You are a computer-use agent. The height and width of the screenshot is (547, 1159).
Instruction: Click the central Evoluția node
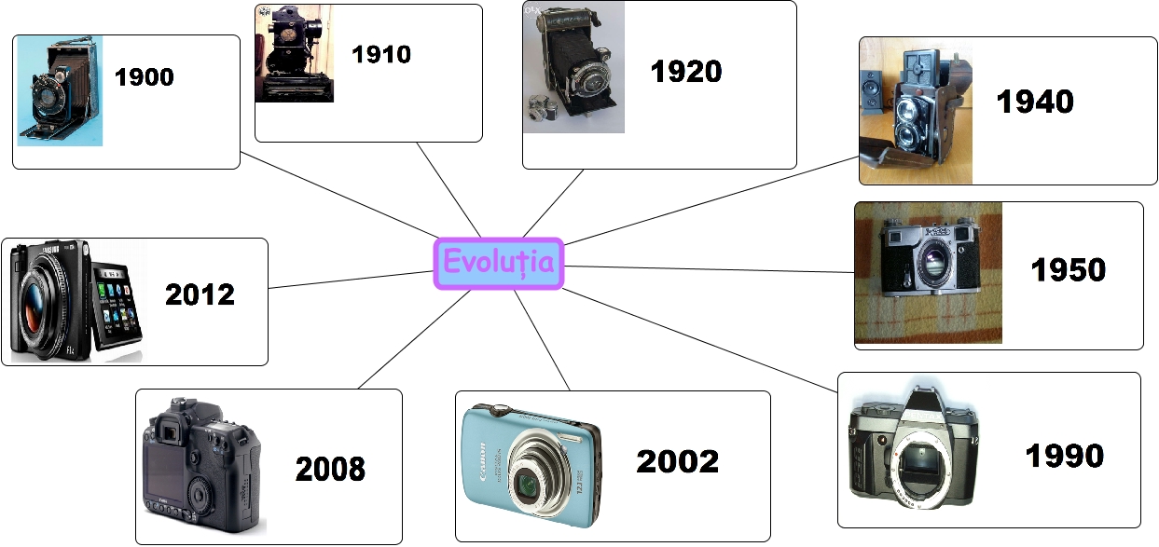pyautogui.click(x=499, y=264)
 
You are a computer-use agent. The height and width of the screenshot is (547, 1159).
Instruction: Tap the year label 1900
pyautogui.click(x=145, y=76)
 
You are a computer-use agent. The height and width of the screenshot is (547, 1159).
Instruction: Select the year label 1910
pyautogui.click(x=381, y=55)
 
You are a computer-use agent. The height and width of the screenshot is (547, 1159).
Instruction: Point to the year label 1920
pyautogui.click(x=686, y=71)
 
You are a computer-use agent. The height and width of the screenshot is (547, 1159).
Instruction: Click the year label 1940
pyautogui.click(x=1035, y=101)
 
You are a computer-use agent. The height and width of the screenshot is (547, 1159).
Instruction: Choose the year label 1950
pyautogui.click(x=1068, y=270)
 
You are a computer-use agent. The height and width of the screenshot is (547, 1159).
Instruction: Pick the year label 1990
pyautogui.click(x=1064, y=456)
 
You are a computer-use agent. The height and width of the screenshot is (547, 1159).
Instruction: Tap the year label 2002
pyautogui.click(x=678, y=461)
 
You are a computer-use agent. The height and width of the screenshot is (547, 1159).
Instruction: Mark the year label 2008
pyautogui.click(x=330, y=470)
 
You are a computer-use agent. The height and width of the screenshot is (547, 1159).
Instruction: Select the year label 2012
pyautogui.click(x=200, y=294)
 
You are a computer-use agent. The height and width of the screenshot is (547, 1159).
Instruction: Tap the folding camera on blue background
pyautogui.click(x=59, y=91)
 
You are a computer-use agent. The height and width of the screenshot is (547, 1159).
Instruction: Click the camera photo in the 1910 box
pyautogui.click(x=294, y=54)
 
